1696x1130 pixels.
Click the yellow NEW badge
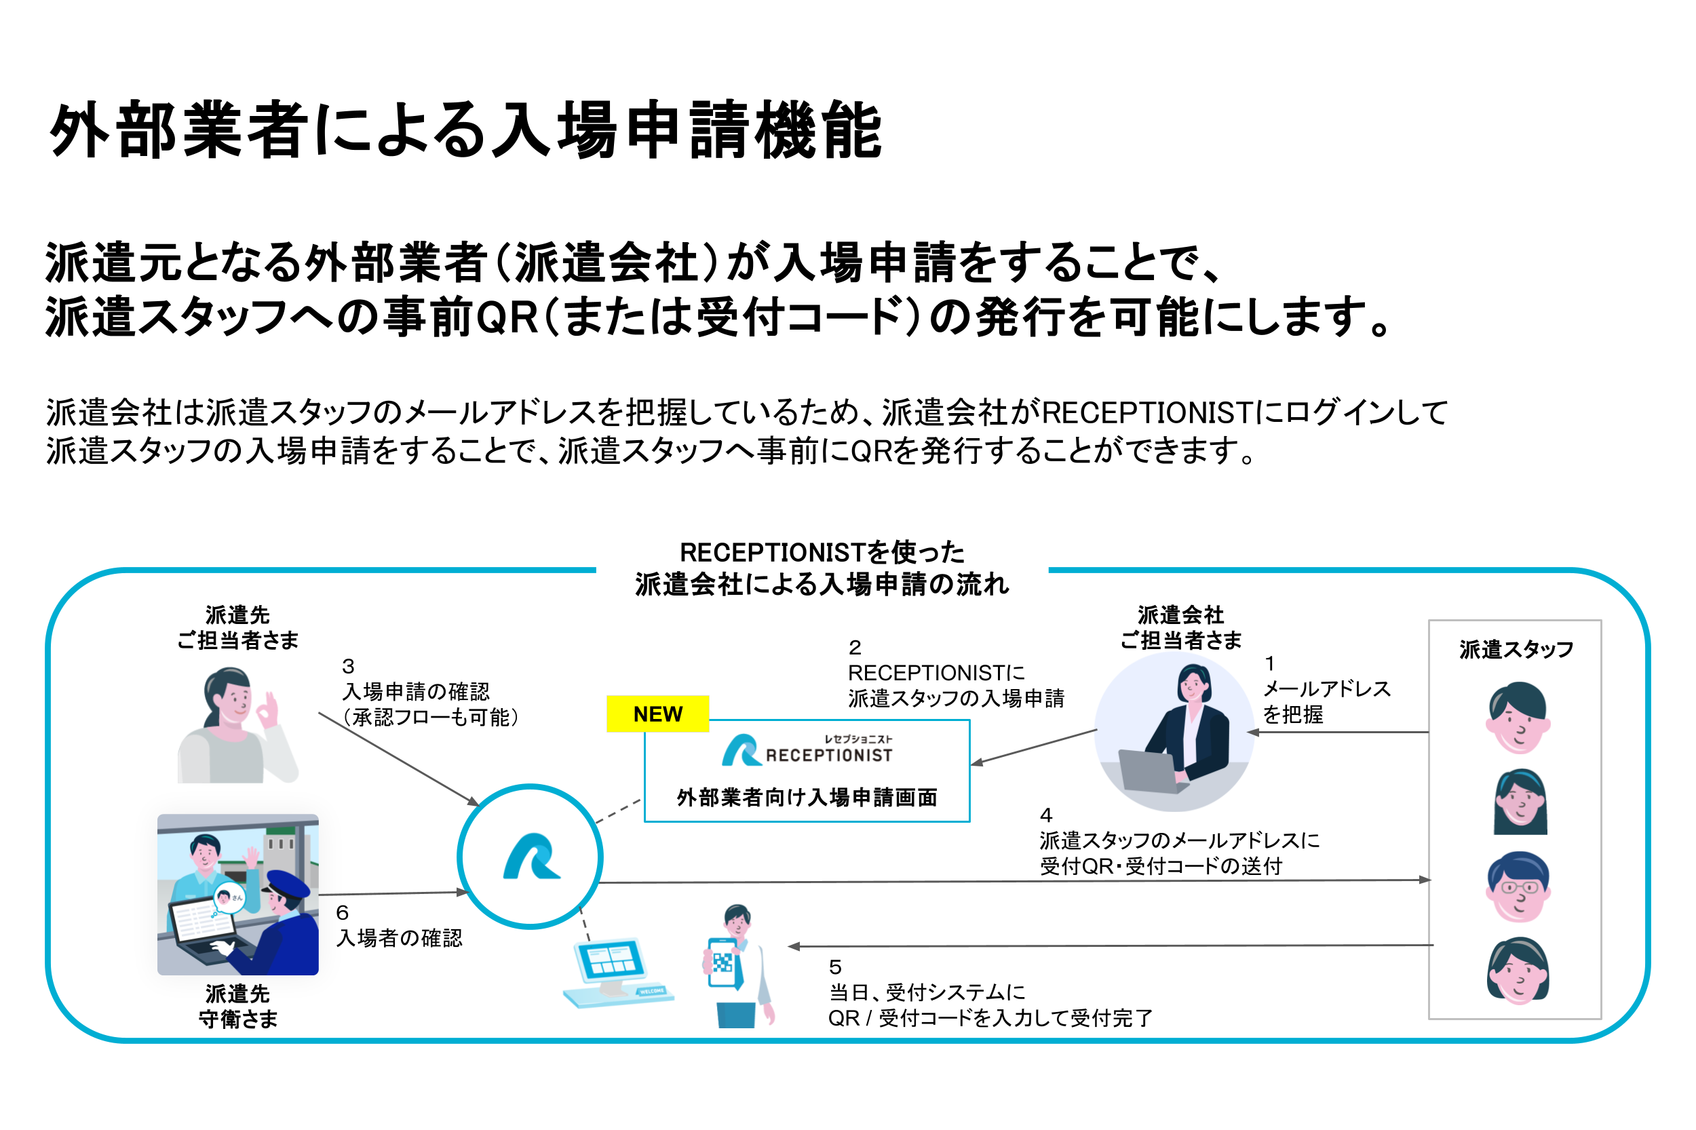click(657, 714)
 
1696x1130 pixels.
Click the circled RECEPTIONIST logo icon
click(530, 856)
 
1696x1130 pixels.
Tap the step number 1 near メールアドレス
click(1269, 663)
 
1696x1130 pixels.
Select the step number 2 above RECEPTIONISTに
click(855, 647)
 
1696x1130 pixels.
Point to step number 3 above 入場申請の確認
click(348, 666)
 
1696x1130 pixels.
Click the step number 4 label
click(1046, 815)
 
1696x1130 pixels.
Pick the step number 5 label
click(834, 967)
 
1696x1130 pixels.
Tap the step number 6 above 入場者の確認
click(343, 912)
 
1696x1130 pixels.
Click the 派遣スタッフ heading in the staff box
click(1515, 649)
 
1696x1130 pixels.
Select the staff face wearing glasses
click(1518, 887)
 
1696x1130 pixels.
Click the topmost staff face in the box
click(1518, 718)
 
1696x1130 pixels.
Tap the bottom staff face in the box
click(1518, 970)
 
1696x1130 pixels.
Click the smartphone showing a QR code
click(722, 961)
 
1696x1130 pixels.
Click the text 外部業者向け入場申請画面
click(807, 797)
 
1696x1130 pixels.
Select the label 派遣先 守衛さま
click(237, 1006)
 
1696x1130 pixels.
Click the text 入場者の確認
click(400, 937)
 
